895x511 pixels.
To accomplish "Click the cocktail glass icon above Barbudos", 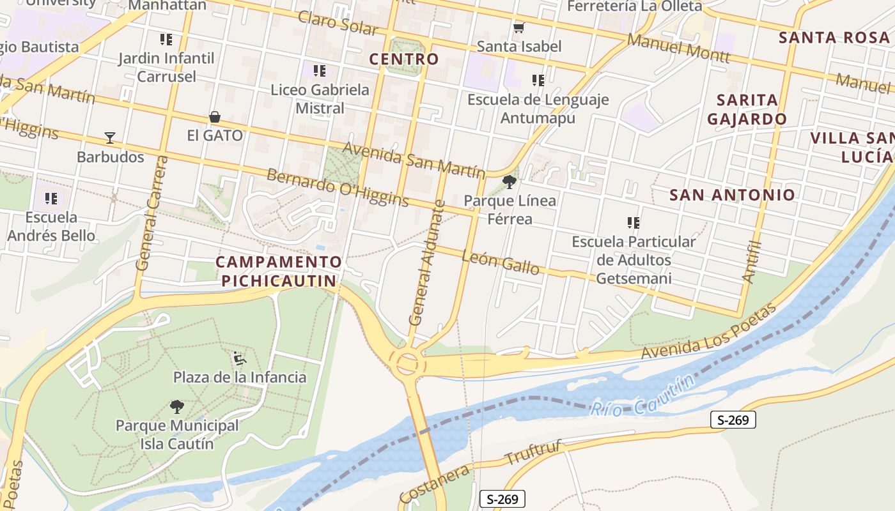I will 110,137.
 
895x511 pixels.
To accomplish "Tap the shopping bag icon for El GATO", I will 215,118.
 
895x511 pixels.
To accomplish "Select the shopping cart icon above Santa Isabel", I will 519,27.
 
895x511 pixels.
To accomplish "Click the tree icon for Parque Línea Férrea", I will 510,183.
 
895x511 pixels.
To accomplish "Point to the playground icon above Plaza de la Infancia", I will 240,358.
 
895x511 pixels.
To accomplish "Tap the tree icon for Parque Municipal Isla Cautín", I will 177,407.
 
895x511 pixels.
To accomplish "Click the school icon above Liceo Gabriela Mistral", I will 320,71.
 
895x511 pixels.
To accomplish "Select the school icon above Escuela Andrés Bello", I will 51,199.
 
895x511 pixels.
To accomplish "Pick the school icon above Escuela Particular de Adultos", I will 634,223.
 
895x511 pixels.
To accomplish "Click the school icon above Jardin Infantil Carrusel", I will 166,40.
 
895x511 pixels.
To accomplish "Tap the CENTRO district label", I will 404,59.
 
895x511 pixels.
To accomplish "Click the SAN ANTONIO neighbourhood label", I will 732,195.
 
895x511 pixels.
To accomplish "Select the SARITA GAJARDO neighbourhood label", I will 747,109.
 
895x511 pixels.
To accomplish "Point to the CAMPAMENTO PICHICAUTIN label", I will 279,271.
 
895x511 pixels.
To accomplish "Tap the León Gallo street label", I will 500,262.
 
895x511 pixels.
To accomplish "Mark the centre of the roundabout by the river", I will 407,363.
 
